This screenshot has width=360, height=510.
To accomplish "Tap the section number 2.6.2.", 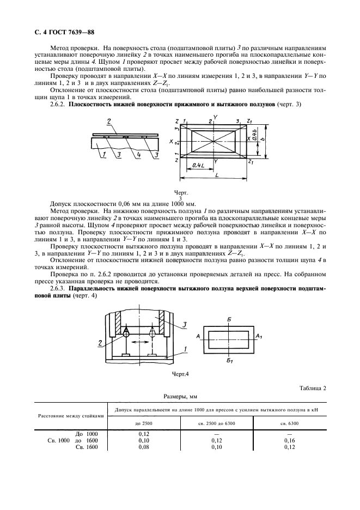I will pos(58,104).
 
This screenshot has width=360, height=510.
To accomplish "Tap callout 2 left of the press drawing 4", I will pos(101,342).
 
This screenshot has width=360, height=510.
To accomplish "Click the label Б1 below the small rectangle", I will pos(231,361).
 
